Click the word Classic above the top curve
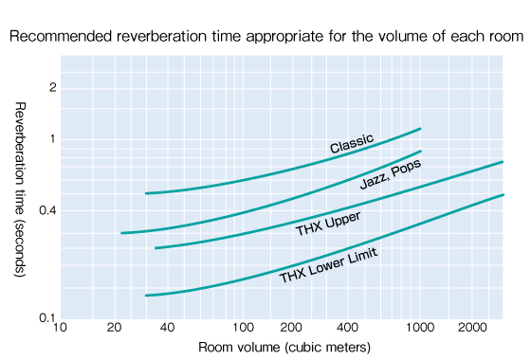coord(352,144)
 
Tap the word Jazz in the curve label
coord(375,178)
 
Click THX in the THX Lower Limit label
coord(293,276)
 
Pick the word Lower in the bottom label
coord(328,265)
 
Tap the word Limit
coord(363,256)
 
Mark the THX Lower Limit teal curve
coord(237,278)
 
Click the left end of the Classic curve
coord(146,193)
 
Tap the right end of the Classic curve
coord(420,128)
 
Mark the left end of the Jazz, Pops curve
coord(122,233)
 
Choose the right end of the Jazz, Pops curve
coord(420,151)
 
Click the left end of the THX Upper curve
coord(156,248)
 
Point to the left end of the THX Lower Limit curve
coord(146,296)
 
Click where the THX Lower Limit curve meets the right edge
coord(503,195)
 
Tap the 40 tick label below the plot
coord(343,327)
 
